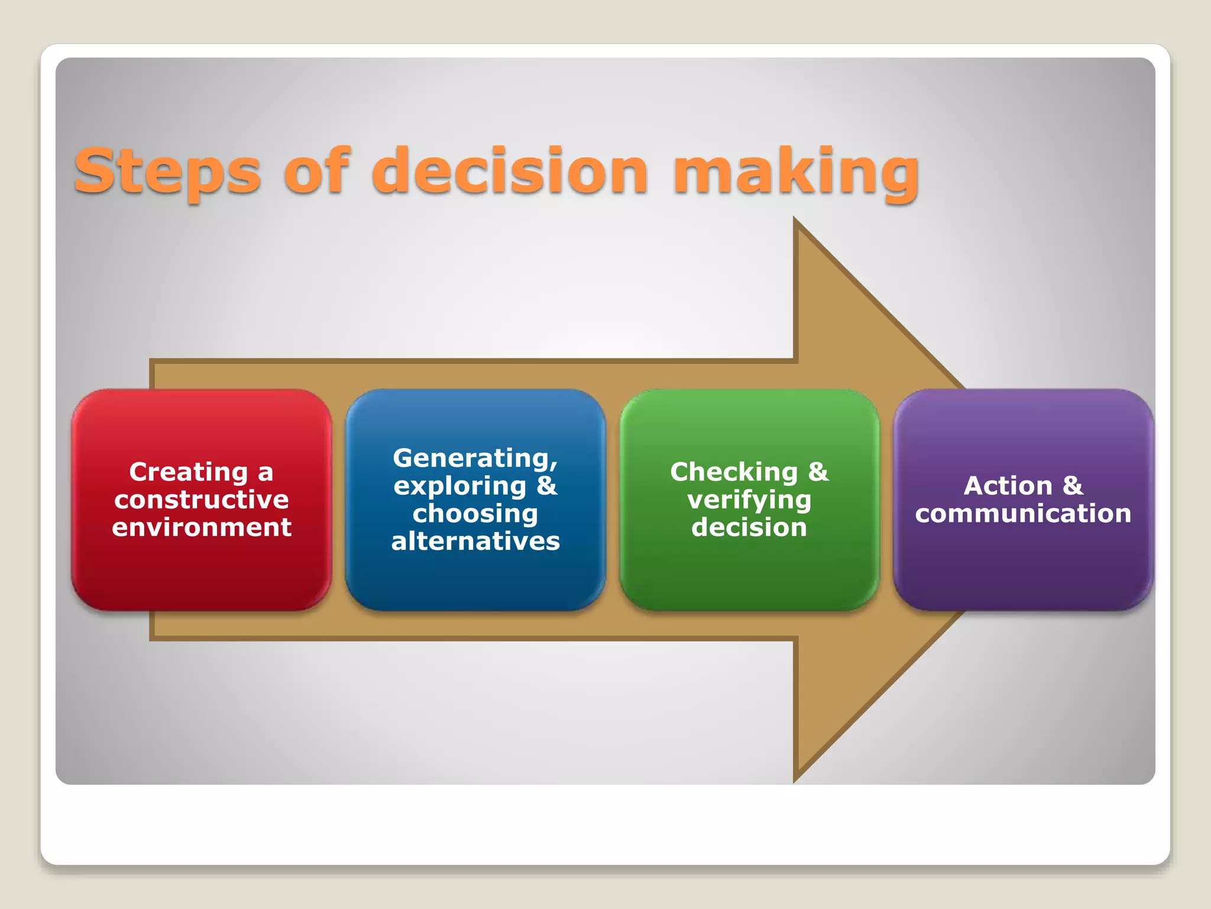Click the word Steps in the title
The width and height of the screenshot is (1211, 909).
(167, 172)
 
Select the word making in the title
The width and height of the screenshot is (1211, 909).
(796, 172)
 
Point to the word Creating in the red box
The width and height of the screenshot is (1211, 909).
(188, 472)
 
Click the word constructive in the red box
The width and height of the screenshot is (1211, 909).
(202, 500)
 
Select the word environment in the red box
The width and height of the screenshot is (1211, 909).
(202, 527)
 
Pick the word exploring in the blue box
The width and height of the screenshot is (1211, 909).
(460, 486)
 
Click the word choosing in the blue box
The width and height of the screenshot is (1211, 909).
(475, 514)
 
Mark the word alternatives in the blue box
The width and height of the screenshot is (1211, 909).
(475, 541)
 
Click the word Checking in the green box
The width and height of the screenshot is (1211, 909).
(734, 472)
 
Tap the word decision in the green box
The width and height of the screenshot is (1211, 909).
(749, 527)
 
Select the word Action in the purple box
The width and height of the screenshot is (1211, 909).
(1008, 486)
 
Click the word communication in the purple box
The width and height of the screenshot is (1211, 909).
(1023, 514)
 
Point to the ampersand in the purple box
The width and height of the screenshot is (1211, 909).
(1073, 486)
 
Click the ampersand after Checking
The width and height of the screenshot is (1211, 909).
(818, 472)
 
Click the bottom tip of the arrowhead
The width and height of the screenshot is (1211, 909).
(796, 780)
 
